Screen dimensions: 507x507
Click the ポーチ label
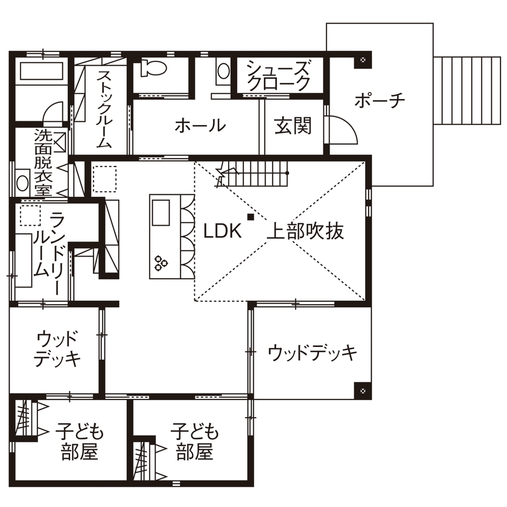tap(380, 100)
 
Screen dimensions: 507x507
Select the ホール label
tap(200, 126)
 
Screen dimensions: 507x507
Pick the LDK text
tap(222, 231)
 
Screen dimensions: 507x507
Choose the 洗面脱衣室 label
tap(42, 163)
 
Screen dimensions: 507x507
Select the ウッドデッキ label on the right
tap(313, 351)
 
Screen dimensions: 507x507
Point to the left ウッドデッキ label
tap(57, 349)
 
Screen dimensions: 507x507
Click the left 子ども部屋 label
tap(80, 442)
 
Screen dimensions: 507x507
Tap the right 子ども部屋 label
tap(195, 442)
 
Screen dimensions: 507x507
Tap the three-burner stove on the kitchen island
tap(161, 263)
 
